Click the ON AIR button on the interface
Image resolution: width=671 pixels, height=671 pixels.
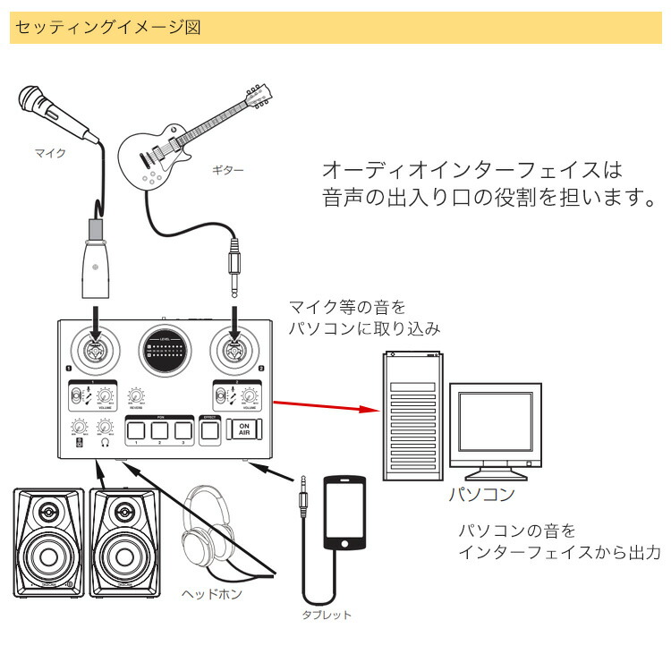pos(245,430)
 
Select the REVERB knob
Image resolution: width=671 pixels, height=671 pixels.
pos(136,395)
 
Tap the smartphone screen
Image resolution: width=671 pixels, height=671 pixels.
pos(344,514)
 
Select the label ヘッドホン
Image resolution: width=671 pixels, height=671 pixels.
pos(211,593)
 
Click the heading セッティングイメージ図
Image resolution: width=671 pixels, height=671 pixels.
pos(106,28)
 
